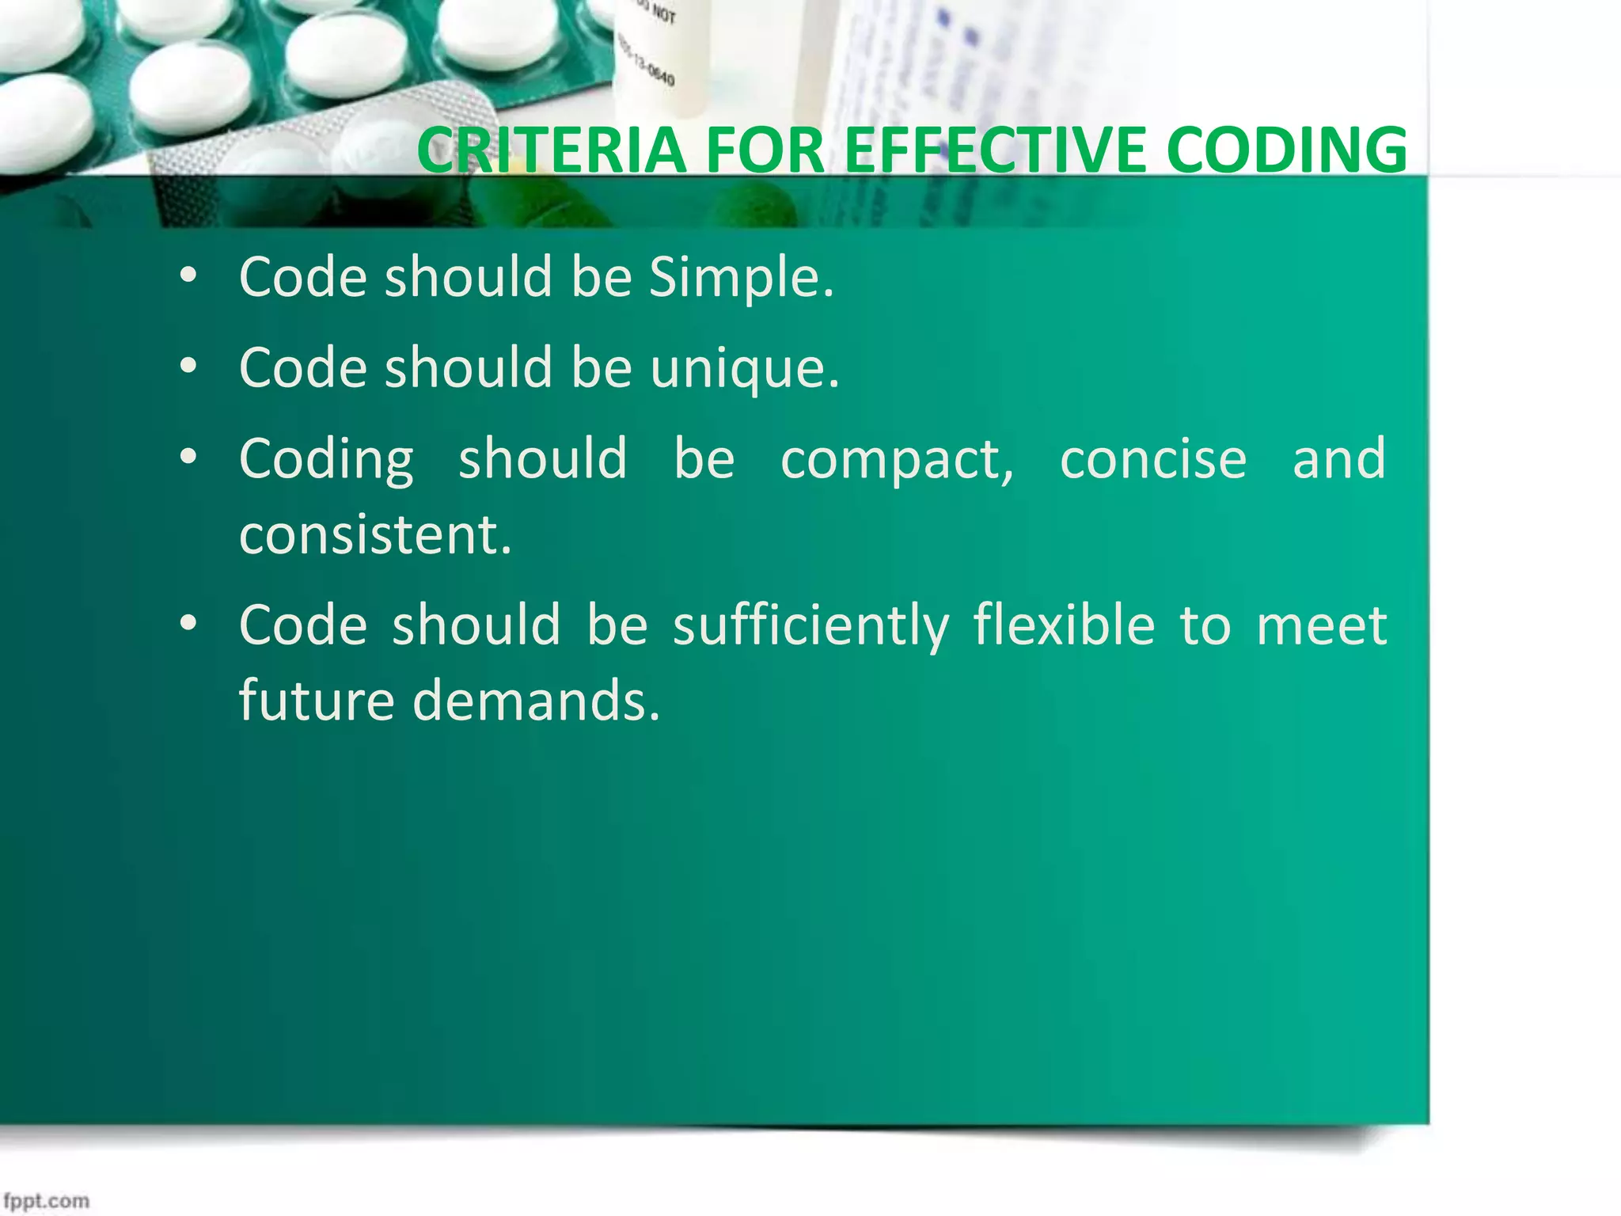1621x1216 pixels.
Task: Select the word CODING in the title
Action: tap(1286, 150)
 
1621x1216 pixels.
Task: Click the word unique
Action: tap(745, 370)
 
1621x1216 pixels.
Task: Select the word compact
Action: tap(897, 460)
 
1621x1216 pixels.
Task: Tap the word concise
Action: tap(1153, 459)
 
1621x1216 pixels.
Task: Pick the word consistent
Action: tap(375, 535)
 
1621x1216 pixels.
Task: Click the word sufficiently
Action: tap(810, 626)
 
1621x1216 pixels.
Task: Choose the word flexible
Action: tap(1064, 625)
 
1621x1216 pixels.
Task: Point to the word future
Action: tap(317, 701)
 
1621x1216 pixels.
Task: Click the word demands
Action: tap(536, 701)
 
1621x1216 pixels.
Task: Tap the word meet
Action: tap(1322, 626)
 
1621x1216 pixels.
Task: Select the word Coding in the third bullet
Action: tap(326, 460)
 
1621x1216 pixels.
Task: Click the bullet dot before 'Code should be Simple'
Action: tap(188, 276)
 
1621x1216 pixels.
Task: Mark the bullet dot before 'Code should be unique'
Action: tap(188, 367)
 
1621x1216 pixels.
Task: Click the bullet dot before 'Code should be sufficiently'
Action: tap(188, 624)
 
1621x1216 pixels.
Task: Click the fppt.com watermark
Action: tap(46, 1200)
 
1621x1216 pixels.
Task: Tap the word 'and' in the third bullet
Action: tap(1338, 459)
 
